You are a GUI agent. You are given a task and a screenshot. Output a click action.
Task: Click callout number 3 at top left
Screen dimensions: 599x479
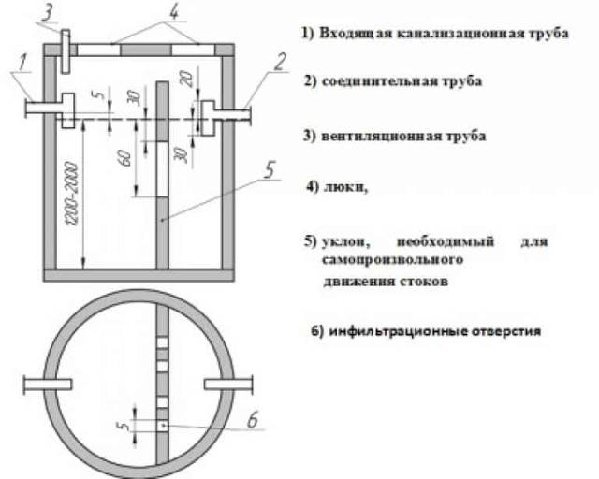[48, 14]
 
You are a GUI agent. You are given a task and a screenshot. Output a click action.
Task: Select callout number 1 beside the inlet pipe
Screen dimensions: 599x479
[22, 63]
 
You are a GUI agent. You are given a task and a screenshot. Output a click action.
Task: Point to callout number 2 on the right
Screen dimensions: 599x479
[280, 62]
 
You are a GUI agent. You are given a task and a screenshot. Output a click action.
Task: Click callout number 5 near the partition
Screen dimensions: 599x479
[270, 169]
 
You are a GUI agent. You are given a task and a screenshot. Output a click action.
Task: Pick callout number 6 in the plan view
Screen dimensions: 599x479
[253, 419]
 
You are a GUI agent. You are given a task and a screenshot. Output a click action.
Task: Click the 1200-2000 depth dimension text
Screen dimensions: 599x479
[72, 194]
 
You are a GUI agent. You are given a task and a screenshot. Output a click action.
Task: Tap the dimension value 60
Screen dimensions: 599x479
[126, 158]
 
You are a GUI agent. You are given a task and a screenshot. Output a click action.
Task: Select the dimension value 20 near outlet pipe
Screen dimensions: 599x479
[187, 80]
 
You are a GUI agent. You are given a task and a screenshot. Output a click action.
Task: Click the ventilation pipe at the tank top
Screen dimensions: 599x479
[66, 51]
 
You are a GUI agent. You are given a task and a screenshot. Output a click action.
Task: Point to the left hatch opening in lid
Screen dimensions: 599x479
[98, 50]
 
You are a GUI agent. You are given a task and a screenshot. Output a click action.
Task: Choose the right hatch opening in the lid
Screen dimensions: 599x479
[193, 50]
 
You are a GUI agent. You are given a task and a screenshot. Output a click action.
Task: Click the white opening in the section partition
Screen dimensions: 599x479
[162, 169]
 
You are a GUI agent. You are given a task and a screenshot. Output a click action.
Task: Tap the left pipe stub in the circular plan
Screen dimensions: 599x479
[48, 385]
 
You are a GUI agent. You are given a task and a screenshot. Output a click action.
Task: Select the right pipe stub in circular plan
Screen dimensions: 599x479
[228, 385]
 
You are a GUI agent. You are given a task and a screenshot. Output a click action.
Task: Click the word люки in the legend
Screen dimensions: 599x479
[345, 187]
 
